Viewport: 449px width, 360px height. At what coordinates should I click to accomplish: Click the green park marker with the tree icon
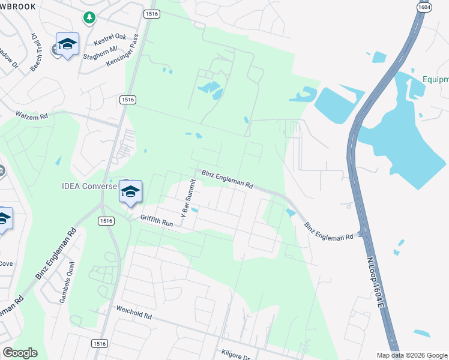click(x=89, y=17)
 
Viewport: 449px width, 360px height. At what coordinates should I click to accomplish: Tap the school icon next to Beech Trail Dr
click(x=67, y=44)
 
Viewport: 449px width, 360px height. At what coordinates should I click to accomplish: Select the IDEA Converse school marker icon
click(x=130, y=191)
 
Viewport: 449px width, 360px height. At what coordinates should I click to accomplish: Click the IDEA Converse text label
click(x=89, y=186)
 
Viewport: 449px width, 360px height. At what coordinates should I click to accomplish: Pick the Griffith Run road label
click(x=157, y=220)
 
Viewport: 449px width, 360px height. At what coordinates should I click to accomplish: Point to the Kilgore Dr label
click(x=235, y=356)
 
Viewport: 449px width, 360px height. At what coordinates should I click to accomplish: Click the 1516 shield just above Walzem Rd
click(x=127, y=100)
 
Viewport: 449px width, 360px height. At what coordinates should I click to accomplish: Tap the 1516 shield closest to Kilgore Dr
click(x=100, y=344)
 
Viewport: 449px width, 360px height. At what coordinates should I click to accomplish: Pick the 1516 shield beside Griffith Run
click(x=106, y=221)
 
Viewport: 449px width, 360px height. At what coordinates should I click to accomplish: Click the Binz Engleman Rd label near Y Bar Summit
click(x=227, y=179)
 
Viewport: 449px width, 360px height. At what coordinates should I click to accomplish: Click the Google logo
click(x=20, y=353)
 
